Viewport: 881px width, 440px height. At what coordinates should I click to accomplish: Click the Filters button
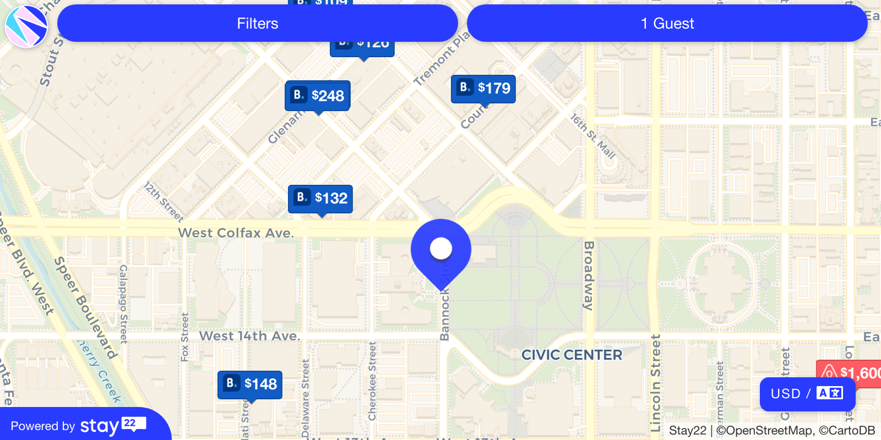click(257, 23)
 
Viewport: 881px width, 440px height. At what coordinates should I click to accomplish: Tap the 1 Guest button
click(667, 23)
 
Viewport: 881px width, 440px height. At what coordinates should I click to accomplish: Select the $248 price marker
click(318, 96)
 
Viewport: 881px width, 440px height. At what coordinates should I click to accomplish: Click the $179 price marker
click(483, 88)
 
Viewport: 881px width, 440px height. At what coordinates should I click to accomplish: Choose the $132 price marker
click(320, 198)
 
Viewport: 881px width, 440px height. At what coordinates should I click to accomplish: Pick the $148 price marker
click(250, 384)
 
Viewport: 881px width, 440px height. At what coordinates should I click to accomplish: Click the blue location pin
click(440, 250)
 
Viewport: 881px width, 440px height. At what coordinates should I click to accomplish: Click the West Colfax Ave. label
click(236, 233)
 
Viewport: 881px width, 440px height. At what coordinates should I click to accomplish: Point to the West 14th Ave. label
click(249, 335)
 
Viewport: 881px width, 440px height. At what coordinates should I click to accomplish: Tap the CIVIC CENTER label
click(572, 355)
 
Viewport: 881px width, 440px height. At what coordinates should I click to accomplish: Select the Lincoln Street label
click(655, 382)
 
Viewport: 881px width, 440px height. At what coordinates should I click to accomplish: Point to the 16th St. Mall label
click(592, 136)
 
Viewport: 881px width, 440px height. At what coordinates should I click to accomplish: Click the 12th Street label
click(164, 201)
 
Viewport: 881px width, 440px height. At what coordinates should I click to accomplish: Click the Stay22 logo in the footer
click(113, 426)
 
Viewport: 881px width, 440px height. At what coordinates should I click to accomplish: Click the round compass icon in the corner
click(26, 26)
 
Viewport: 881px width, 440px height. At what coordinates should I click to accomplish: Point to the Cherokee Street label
click(372, 381)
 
